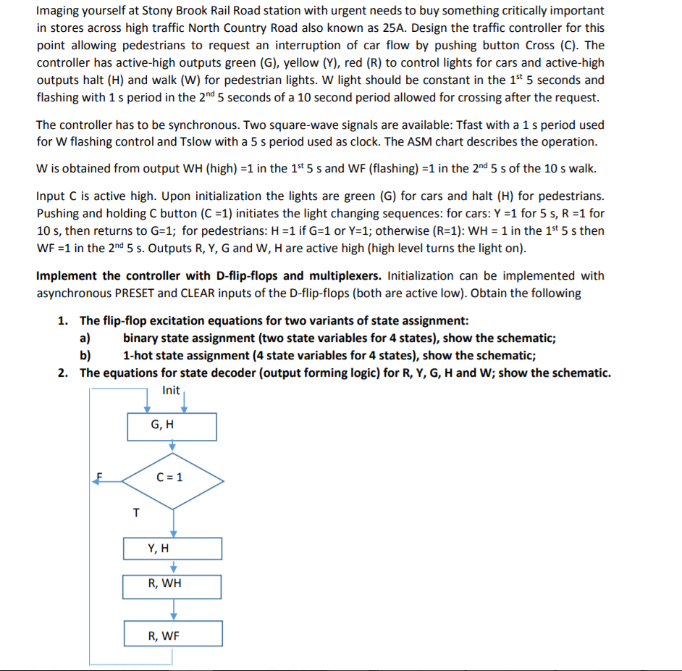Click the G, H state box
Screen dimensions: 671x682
point(172,426)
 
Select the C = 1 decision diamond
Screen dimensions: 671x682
point(172,478)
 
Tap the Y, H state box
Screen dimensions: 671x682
point(172,549)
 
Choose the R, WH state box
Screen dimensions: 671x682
point(172,584)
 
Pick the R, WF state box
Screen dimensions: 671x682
point(172,634)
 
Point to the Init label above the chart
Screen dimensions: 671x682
point(172,391)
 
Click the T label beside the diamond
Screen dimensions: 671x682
point(135,513)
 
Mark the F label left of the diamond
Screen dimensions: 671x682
point(101,476)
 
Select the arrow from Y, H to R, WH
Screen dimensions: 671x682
point(173,567)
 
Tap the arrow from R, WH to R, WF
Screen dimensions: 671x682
point(173,609)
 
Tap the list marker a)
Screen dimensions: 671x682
point(85,338)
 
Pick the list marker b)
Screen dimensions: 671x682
point(85,356)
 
